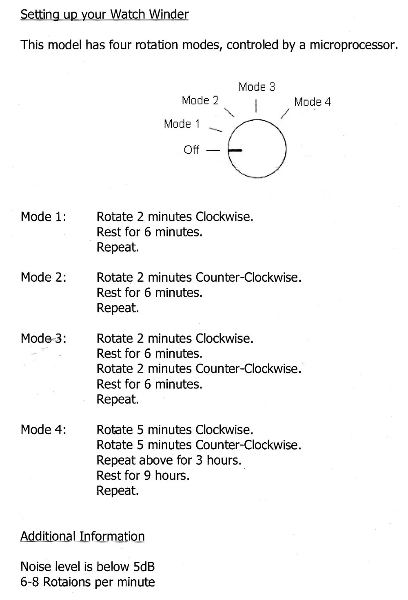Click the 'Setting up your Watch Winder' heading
104,15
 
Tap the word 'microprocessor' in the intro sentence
353,45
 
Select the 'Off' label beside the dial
191,150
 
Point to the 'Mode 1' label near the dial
182,124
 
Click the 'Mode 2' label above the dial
200,100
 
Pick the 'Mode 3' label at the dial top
257,87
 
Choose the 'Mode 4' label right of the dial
312,102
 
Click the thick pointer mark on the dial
235,150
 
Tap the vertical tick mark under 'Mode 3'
256,106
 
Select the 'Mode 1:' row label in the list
43,217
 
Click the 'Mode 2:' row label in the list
43,278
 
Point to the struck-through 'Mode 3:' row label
43,339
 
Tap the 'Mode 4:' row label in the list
43,430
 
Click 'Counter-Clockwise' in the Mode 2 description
248,278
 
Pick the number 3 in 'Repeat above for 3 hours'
199,461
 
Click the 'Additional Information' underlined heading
82,536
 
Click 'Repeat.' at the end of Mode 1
118,247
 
